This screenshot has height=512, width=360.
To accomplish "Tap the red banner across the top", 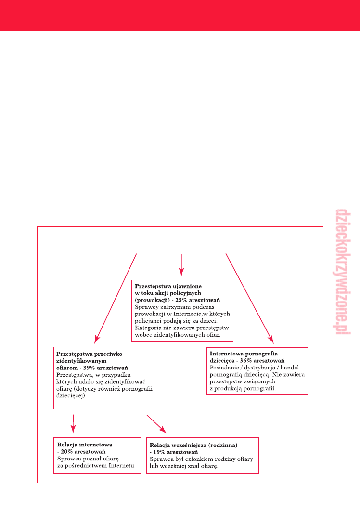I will [180, 16].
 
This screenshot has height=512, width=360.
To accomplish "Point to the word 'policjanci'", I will [151, 320].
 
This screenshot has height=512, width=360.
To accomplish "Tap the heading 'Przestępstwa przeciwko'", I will [89, 354].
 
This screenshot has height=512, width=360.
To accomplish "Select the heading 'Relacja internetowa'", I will [85, 445].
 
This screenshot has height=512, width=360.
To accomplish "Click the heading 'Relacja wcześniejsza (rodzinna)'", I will [194, 446].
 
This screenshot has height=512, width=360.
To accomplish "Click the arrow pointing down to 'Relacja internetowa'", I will [73, 422].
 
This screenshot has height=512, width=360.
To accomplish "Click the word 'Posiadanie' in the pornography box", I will [224, 368].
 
